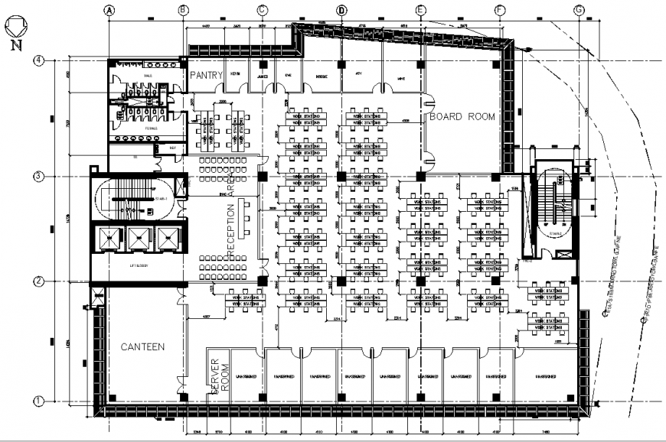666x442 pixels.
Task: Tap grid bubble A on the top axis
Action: pyautogui.click(x=109, y=10)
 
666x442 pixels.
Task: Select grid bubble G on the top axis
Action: pyautogui.click(x=579, y=10)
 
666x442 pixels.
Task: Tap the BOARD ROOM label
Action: pyautogui.click(x=462, y=117)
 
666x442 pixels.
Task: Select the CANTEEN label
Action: pyautogui.click(x=142, y=347)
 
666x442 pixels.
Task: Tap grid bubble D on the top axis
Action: pyautogui.click(x=341, y=10)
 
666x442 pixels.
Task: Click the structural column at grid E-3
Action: pyautogui.click(x=420, y=177)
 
